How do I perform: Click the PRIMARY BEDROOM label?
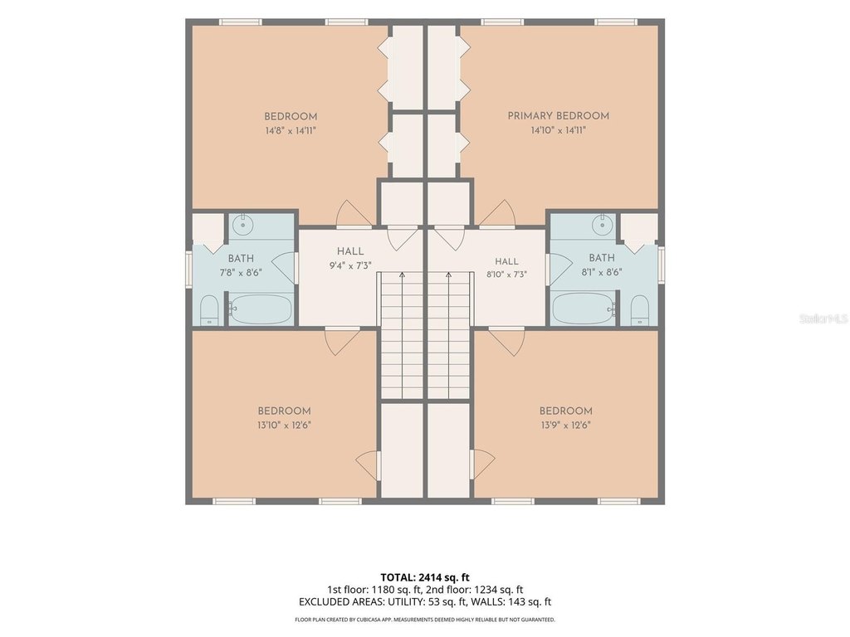(559, 116)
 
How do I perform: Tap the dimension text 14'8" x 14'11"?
(291, 130)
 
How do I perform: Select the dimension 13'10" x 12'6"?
(284, 425)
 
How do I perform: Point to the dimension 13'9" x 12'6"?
(565, 425)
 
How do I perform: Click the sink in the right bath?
(602, 224)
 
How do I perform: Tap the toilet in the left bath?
(209, 310)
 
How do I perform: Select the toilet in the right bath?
(640, 310)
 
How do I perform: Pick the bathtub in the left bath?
(260, 309)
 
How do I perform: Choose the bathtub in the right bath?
(584, 309)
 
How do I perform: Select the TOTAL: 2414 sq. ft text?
(421, 577)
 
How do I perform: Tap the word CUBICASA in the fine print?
(368, 620)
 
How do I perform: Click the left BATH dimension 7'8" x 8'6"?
(241, 272)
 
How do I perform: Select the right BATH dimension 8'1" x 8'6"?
(602, 272)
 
